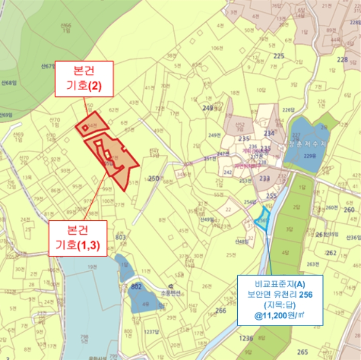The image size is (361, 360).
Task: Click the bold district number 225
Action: (279, 56)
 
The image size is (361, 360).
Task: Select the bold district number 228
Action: (342, 60)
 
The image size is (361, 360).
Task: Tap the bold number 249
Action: (208, 108)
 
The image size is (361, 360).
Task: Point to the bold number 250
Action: (153, 178)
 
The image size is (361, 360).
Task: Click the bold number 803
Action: (121, 237)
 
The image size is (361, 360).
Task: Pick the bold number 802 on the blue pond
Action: (137, 286)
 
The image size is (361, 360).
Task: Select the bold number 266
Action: (221, 310)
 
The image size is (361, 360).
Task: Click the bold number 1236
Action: (247, 338)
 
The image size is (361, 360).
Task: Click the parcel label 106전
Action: (216, 48)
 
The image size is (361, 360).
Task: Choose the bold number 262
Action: (331, 253)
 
